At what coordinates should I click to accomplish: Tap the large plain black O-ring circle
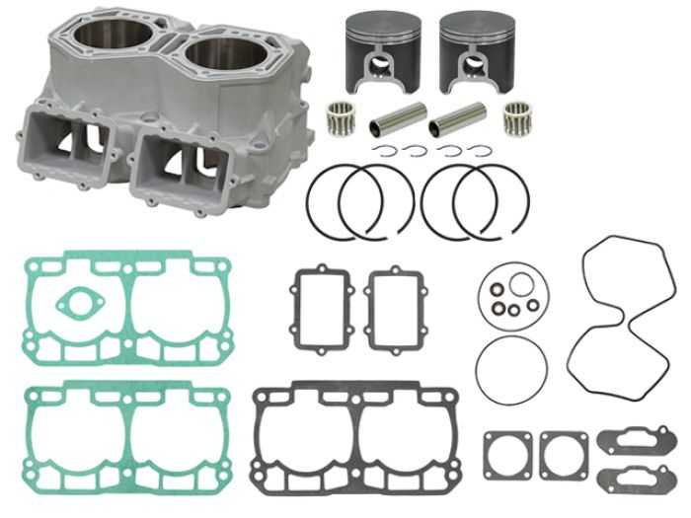(510, 374)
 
